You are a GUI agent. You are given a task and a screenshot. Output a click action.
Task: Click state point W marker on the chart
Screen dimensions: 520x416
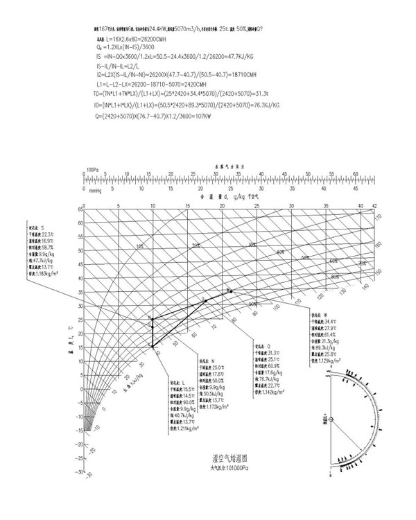point(231,291)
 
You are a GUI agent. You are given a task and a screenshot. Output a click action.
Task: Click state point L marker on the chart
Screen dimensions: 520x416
point(153,345)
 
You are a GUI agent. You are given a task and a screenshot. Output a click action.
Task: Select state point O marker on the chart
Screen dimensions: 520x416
point(205,300)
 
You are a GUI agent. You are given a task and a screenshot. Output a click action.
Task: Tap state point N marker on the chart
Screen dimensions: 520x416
point(153,320)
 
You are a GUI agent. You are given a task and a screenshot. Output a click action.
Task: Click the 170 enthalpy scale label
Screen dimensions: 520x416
point(379,218)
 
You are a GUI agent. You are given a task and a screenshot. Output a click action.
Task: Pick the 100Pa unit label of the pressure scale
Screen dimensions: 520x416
point(93,168)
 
